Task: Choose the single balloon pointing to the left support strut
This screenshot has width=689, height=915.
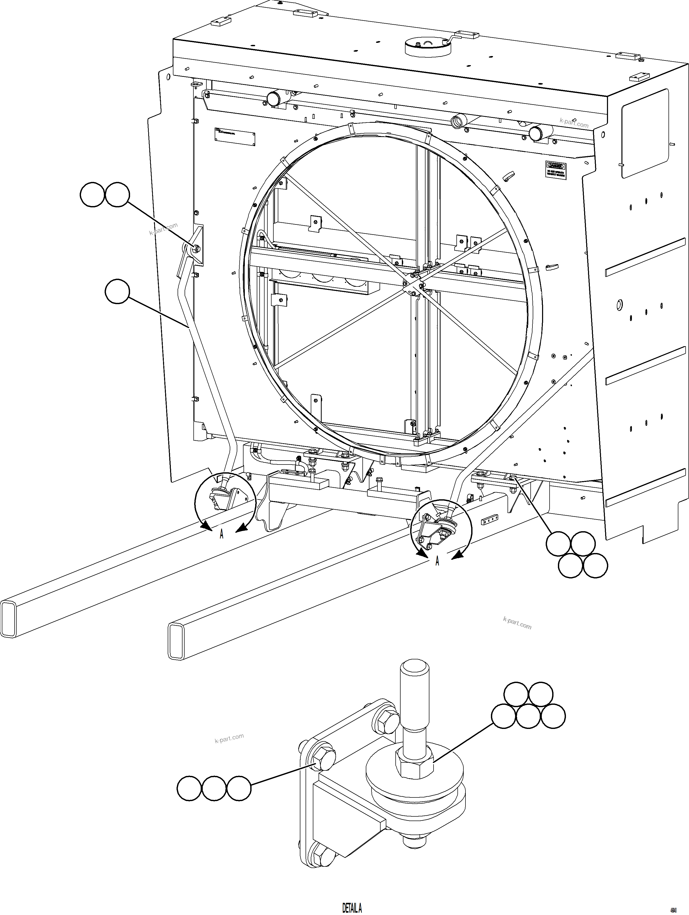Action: [117, 292]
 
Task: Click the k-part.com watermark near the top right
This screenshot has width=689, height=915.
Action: [574, 123]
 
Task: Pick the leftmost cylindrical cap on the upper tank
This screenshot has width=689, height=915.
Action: [274, 98]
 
